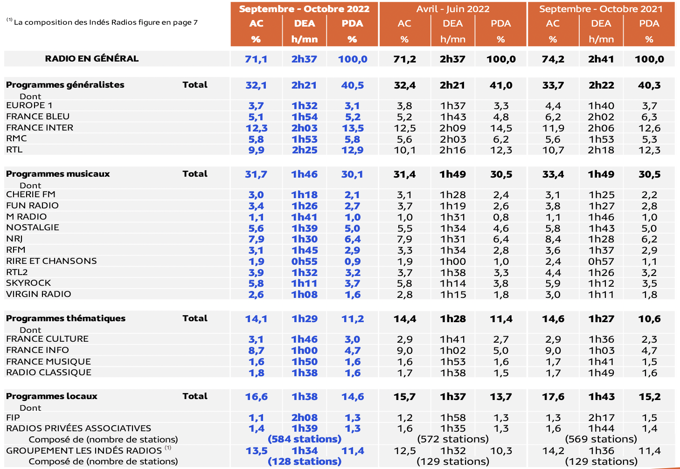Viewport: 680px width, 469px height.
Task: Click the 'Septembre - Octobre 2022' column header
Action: pyautogui.click(x=304, y=9)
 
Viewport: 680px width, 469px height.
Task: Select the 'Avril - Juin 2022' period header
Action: pyautogui.click(x=453, y=9)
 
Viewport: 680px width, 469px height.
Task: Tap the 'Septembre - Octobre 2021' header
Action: pyautogui.click(x=601, y=9)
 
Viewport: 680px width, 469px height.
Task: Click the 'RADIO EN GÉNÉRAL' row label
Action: pyautogui.click(x=92, y=59)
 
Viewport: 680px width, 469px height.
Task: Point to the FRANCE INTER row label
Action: pyautogui.click(x=40, y=128)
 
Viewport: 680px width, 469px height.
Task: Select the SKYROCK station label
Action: pyautogui.click(x=28, y=283)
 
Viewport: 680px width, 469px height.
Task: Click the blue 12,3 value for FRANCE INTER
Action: pyautogui.click(x=257, y=128)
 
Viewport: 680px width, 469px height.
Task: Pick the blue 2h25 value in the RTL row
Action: pyautogui.click(x=305, y=150)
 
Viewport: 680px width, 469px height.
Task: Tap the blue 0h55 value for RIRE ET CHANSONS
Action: pyautogui.click(x=305, y=262)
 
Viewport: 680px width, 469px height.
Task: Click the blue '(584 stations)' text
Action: pyautogui.click(x=305, y=439)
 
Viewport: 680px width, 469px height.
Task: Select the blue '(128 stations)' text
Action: pyautogui.click(x=305, y=462)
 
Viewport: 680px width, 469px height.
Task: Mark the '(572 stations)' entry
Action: pyautogui.click(x=453, y=439)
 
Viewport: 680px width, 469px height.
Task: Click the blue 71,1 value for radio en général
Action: pyautogui.click(x=257, y=59)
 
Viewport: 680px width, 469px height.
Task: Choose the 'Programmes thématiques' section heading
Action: pyautogui.click(x=66, y=318)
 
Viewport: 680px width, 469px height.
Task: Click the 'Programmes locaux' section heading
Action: pyautogui.click(x=52, y=396)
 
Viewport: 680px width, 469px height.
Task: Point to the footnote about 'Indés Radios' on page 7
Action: pyautogui.click(x=103, y=22)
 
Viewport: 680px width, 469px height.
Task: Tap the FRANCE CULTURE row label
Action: pyautogui.click(x=47, y=339)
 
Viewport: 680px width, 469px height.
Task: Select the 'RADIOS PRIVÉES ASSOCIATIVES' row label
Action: pyautogui.click(x=78, y=428)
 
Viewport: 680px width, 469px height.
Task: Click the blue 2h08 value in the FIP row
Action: pyautogui.click(x=305, y=418)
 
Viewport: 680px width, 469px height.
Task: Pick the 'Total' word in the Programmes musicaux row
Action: pyautogui.click(x=195, y=174)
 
